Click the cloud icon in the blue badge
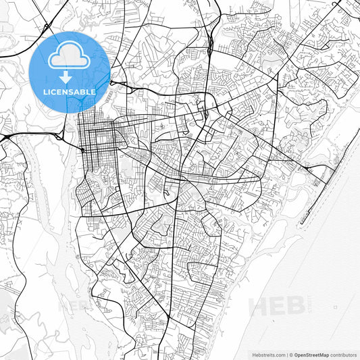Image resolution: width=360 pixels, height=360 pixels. (69, 55)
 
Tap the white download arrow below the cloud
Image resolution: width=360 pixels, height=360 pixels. (69, 78)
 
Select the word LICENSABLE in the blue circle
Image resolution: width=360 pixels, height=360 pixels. (69, 91)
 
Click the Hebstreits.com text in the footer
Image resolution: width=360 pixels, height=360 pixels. (268, 354)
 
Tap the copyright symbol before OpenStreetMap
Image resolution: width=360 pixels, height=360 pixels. (292, 354)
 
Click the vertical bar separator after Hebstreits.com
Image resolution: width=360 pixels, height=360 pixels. (287, 354)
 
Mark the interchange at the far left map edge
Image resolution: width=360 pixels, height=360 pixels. (5, 138)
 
